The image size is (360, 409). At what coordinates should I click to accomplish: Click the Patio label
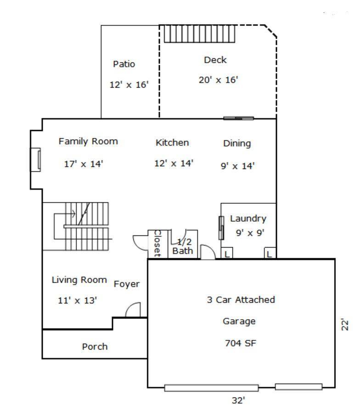pos(124,64)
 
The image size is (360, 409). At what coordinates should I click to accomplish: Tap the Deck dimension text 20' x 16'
pos(219,80)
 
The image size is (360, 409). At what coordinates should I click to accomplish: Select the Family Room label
pos(88,142)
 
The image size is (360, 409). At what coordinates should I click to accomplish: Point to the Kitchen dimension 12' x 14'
pos(174,163)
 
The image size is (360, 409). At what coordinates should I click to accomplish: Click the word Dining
pos(237,143)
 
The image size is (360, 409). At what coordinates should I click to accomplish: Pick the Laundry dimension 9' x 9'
pos(250,233)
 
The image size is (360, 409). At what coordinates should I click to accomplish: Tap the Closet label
pos(157,244)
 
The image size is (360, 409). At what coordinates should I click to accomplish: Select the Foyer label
pos(126,284)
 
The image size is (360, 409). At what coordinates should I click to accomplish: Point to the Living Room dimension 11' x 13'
pos(77,301)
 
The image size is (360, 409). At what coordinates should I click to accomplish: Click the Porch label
pos(95,347)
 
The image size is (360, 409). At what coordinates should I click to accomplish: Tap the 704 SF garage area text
pos(240,343)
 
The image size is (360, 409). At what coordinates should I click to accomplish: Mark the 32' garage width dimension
pos(238,400)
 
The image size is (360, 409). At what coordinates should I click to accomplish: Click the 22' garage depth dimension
pos(345,324)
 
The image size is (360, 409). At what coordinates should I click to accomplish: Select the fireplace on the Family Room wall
pos(36,159)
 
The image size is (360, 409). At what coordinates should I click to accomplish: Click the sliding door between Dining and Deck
pos(238,118)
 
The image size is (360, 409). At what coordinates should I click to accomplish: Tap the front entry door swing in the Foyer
pos(133,310)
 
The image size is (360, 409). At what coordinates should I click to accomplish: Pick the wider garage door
pos(211,388)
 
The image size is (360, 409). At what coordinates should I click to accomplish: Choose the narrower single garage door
pos(299,386)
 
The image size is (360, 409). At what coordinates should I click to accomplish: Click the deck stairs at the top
pos(199,34)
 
